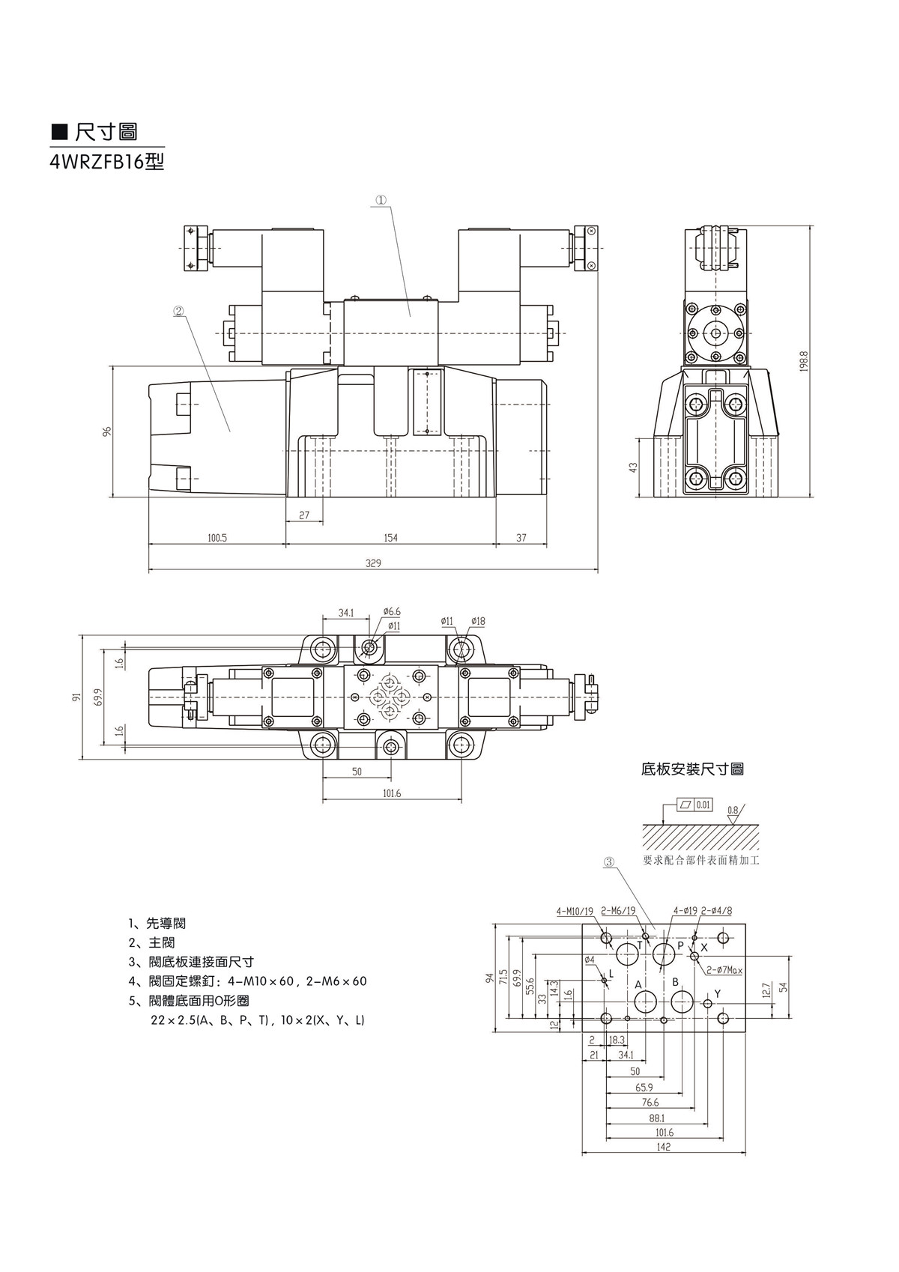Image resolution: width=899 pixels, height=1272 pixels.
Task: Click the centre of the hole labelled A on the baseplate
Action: [646, 1002]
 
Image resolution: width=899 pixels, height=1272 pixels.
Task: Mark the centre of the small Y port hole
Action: [708, 1003]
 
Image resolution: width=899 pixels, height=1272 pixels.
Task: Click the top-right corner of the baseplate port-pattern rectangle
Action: [745, 924]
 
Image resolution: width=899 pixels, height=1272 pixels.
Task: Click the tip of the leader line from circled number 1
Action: [410, 315]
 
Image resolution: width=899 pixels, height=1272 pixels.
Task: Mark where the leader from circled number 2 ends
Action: [230, 432]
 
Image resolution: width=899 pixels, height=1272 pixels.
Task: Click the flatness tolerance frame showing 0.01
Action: [694, 805]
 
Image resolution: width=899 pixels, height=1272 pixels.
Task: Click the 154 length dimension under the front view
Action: [391, 538]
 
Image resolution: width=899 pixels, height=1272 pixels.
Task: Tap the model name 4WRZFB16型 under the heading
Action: [107, 163]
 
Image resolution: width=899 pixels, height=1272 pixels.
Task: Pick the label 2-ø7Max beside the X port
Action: [724, 970]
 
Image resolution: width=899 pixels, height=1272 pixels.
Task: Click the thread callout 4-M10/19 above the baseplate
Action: [575, 911]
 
